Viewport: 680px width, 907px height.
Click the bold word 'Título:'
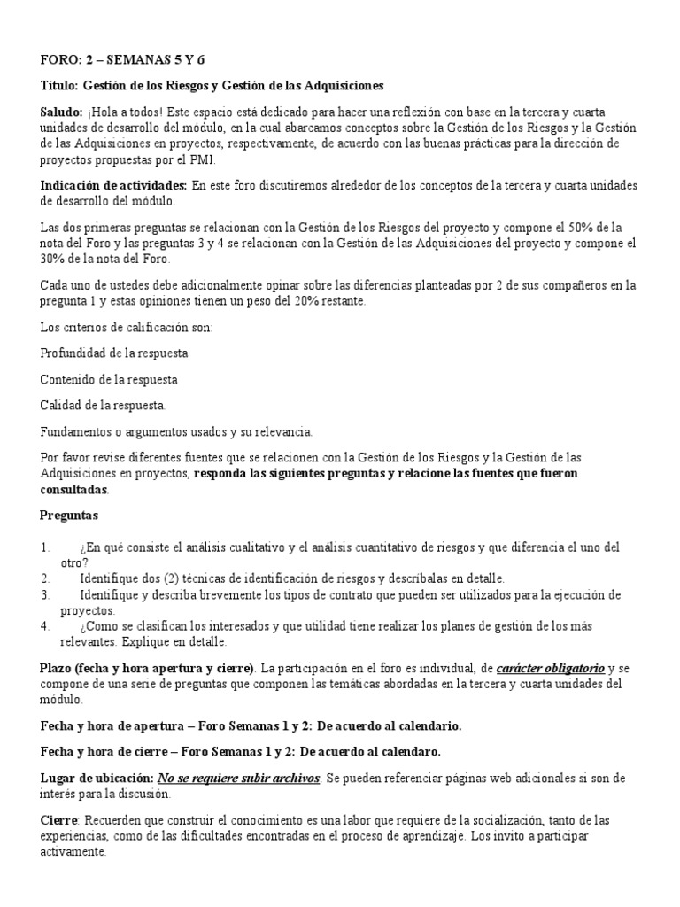pyautogui.click(x=60, y=86)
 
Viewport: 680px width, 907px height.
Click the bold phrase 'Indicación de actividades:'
pyautogui.click(x=114, y=185)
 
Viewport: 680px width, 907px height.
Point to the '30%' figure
pyautogui.click(x=55, y=260)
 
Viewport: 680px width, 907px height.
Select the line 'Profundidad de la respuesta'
pyautogui.click(x=114, y=353)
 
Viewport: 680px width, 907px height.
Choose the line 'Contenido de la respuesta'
pyautogui.click(x=109, y=379)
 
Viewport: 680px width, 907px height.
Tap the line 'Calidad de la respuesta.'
pyautogui.click(x=103, y=405)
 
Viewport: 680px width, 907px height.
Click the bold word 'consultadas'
pyautogui.click(x=74, y=489)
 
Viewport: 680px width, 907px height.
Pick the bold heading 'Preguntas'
pyautogui.click(x=70, y=515)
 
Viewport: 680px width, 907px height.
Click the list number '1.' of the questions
pyautogui.click(x=46, y=548)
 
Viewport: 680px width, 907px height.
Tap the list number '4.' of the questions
pyautogui.click(x=46, y=625)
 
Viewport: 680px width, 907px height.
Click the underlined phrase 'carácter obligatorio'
pyautogui.click(x=550, y=667)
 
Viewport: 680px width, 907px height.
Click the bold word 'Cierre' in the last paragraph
pyautogui.click(x=59, y=819)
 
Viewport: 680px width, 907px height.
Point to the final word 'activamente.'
pyautogui.click(x=73, y=852)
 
